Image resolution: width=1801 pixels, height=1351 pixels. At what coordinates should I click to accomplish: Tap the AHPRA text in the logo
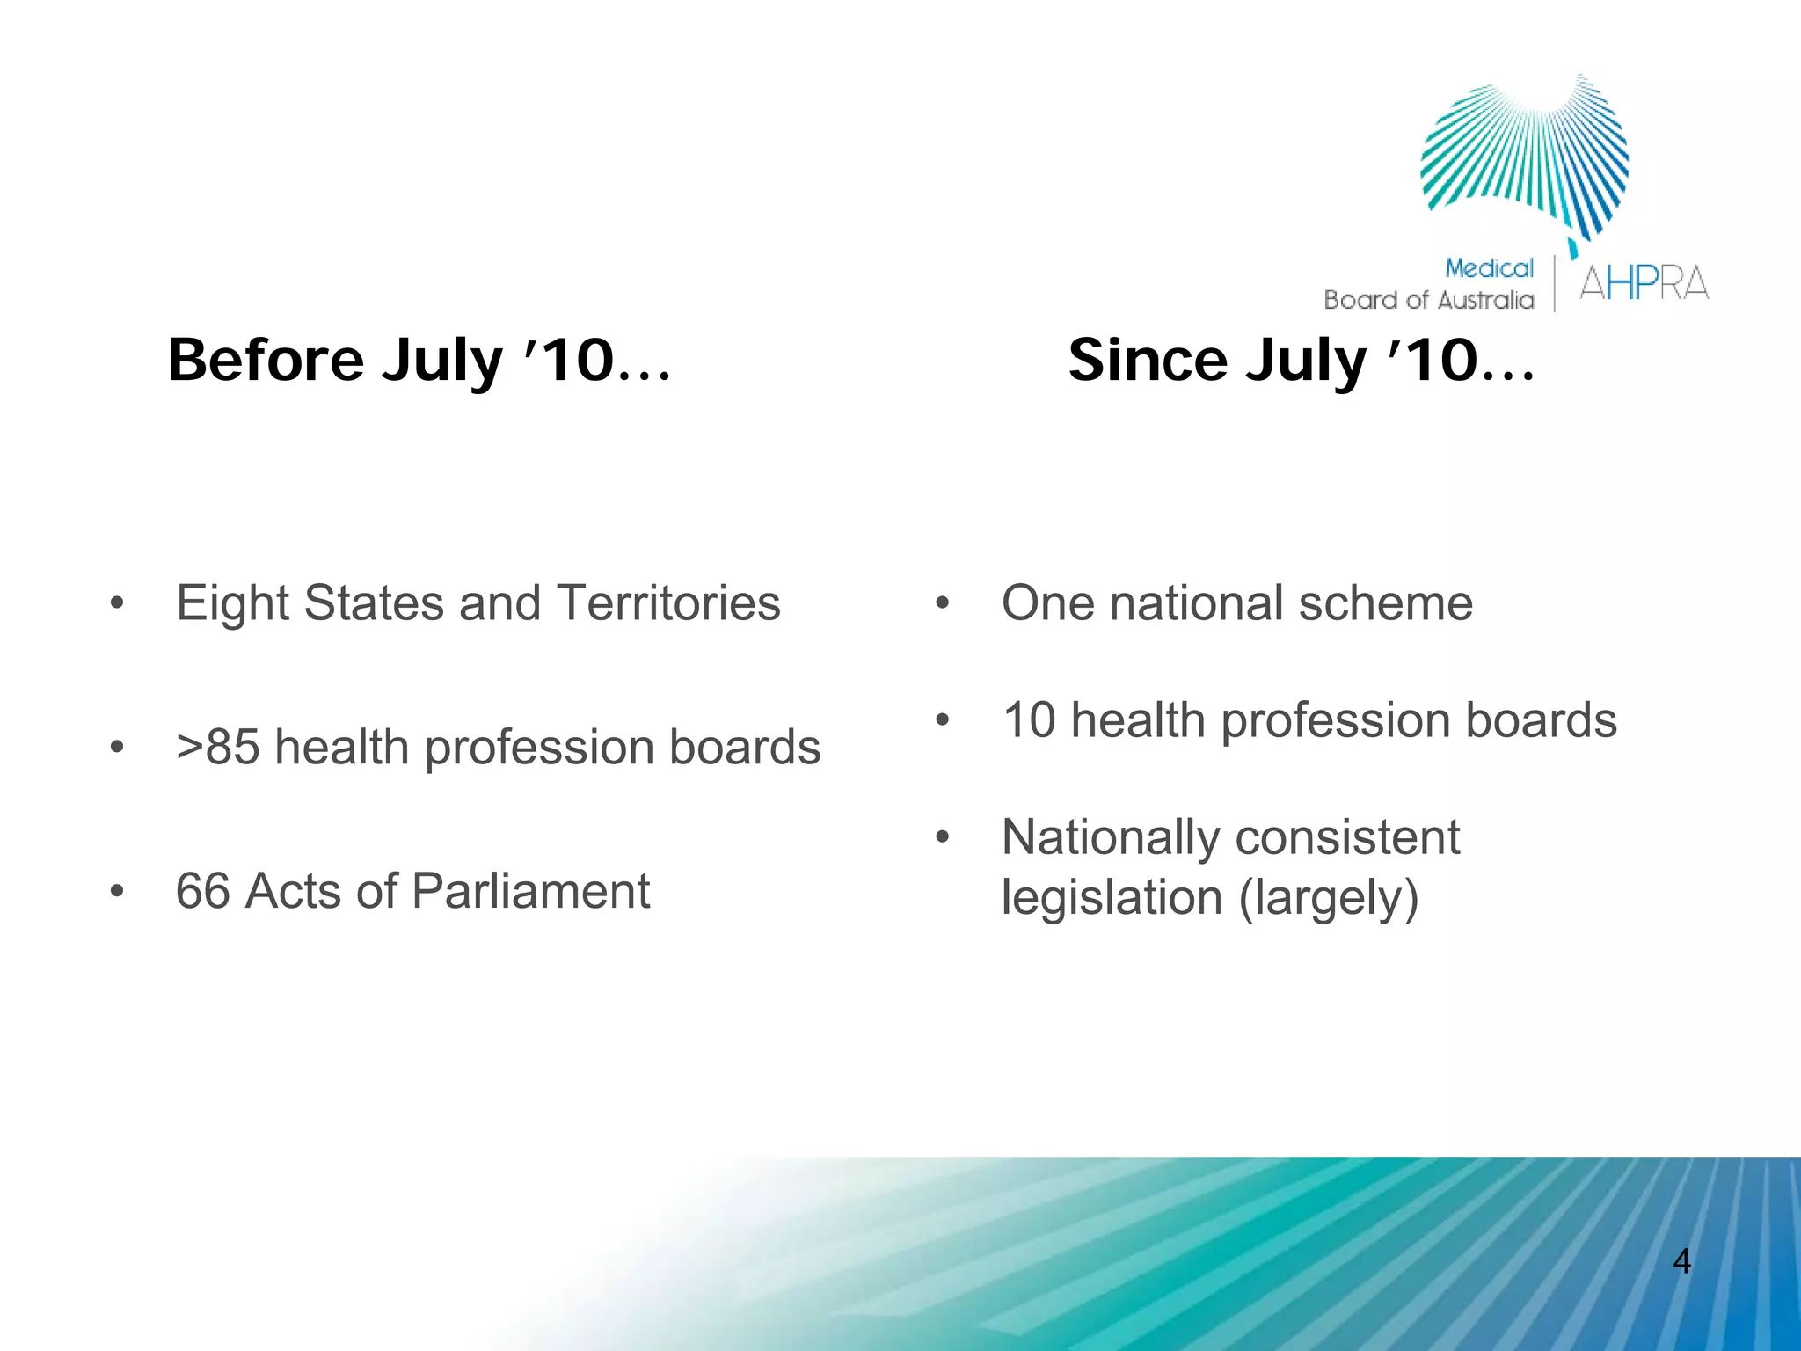coord(1643,283)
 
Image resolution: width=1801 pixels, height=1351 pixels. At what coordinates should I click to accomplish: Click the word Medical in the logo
coord(1489,268)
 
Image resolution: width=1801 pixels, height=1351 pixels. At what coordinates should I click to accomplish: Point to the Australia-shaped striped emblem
coord(1526,158)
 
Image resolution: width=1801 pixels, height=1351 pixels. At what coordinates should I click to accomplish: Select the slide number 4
coord(1681,1261)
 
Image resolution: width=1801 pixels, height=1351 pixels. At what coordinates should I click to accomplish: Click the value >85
coord(217,748)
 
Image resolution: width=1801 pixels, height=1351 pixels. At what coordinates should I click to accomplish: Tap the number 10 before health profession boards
coord(1029,720)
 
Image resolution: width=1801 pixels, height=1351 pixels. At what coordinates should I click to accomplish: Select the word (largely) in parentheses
coord(1329,898)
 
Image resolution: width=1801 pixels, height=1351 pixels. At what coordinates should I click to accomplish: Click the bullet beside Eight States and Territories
coord(117,604)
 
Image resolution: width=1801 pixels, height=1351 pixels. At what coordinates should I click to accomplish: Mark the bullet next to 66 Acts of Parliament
coord(117,892)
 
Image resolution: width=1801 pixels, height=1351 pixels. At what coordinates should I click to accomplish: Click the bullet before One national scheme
coord(943,604)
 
